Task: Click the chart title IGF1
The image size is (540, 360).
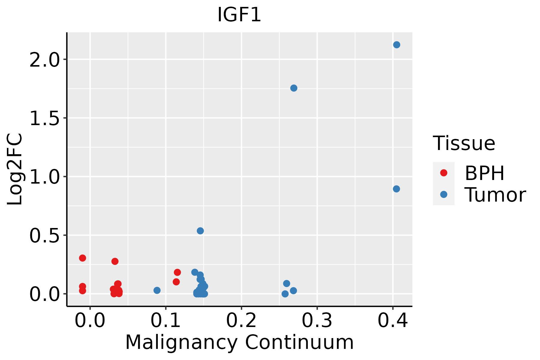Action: pyautogui.click(x=239, y=15)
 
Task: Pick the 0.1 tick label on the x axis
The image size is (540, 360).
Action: pyautogui.click(x=166, y=321)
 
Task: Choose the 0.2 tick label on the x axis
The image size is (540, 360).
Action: pyautogui.click(x=241, y=321)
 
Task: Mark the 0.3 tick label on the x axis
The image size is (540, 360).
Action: pyautogui.click(x=317, y=321)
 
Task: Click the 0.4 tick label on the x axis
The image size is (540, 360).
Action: pyautogui.click(x=392, y=321)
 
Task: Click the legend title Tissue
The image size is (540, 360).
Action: pyautogui.click(x=464, y=143)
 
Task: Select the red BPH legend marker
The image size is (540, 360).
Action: pyautogui.click(x=443, y=173)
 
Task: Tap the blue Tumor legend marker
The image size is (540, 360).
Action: pyautogui.click(x=443, y=194)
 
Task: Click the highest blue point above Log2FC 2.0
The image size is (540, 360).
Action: pyautogui.click(x=397, y=45)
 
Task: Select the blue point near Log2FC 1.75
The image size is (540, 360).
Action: pyautogui.click(x=294, y=88)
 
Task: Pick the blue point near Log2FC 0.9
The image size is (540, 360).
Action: pyautogui.click(x=396, y=189)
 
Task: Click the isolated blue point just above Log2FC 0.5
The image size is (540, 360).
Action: pyautogui.click(x=200, y=231)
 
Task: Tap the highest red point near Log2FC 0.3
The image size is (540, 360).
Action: pyautogui.click(x=82, y=258)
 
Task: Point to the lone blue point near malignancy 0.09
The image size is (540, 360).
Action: pyautogui.click(x=157, y=290)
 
